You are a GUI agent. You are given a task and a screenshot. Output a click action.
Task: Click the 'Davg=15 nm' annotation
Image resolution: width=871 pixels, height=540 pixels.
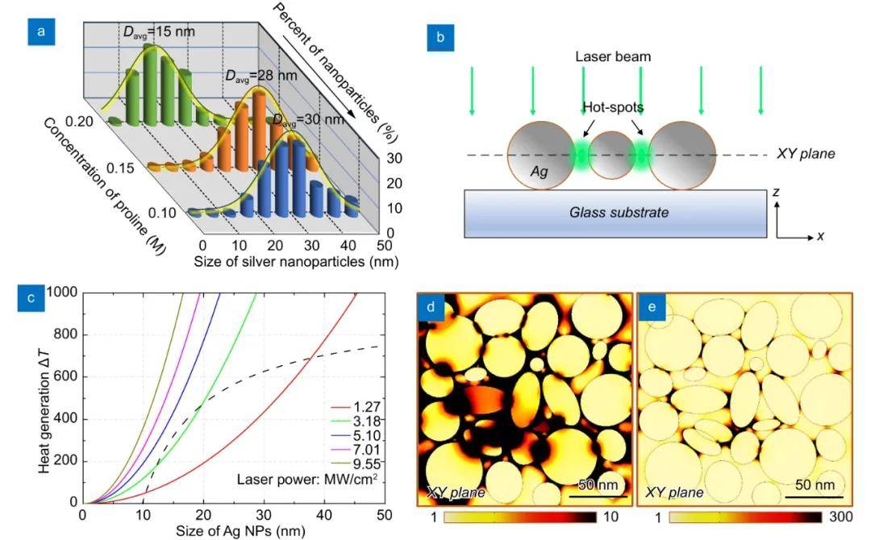[160, 32]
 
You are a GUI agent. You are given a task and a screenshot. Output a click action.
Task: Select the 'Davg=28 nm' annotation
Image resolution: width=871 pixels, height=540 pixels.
[260, 76]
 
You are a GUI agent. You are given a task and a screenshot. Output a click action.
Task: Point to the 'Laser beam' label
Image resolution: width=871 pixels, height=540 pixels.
[612, 57]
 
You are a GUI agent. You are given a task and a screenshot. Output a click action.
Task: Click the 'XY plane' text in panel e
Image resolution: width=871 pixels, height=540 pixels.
[675, 492]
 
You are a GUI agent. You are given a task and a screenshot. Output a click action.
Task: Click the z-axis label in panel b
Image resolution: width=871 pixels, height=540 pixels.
[777, 193]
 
